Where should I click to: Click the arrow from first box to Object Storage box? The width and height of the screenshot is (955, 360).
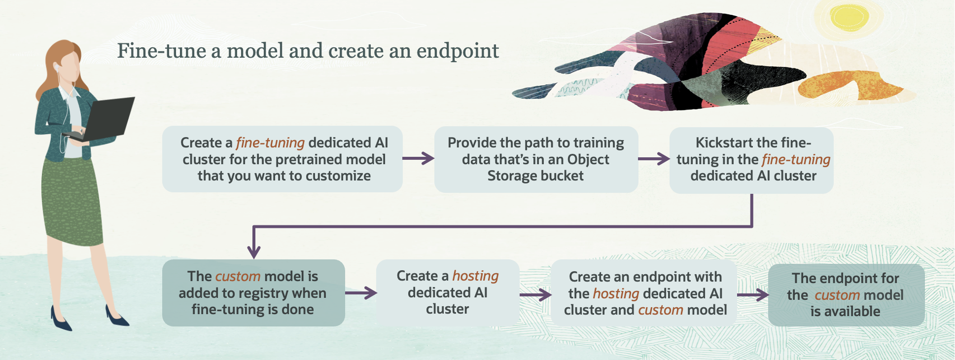(418, 158)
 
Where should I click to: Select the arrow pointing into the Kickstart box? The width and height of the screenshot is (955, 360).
(654, 159)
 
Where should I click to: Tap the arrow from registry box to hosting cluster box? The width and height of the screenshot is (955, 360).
(361, 293)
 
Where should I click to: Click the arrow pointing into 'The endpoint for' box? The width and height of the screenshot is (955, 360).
(753, 295)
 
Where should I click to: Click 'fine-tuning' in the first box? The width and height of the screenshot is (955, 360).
(270, 143)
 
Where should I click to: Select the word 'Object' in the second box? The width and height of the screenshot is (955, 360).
(588, 159)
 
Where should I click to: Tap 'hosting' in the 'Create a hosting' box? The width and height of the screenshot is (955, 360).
(475, 276)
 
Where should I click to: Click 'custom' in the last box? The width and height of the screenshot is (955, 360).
(837, 295)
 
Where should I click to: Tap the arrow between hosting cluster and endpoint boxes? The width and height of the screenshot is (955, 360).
(535, 295)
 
